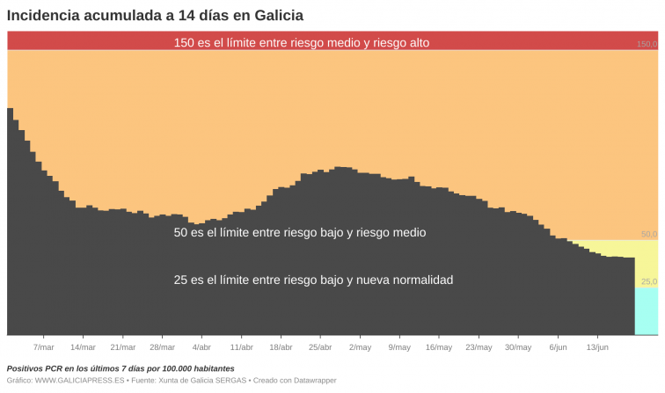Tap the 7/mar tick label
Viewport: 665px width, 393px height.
pos(43,347)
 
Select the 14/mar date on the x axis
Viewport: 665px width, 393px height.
pos(83,347)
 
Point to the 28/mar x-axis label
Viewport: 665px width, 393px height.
pos(162,347)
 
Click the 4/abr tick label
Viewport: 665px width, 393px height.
pos(201,347)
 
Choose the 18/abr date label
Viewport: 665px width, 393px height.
pos(281,347)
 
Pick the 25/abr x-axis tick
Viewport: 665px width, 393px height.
pos(320,347)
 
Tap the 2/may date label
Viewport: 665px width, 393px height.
pos(360,347)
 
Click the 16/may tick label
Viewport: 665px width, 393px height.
pos(439,347)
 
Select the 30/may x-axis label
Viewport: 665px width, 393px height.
pos(518,347)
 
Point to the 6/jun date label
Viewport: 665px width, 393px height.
pos(558,347)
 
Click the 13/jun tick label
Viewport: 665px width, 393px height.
pos(597,347)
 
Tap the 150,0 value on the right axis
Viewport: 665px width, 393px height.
pos(647,44)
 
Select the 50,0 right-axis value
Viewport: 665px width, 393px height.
pos(648,235)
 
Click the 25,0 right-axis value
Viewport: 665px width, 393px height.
pos(648,282)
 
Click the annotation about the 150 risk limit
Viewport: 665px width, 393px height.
pos(302,42)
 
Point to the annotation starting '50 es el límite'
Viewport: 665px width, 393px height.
pos(300,233)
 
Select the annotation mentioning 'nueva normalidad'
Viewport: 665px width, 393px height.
pos(313,280)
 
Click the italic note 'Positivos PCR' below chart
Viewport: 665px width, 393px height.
pos(121,368)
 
